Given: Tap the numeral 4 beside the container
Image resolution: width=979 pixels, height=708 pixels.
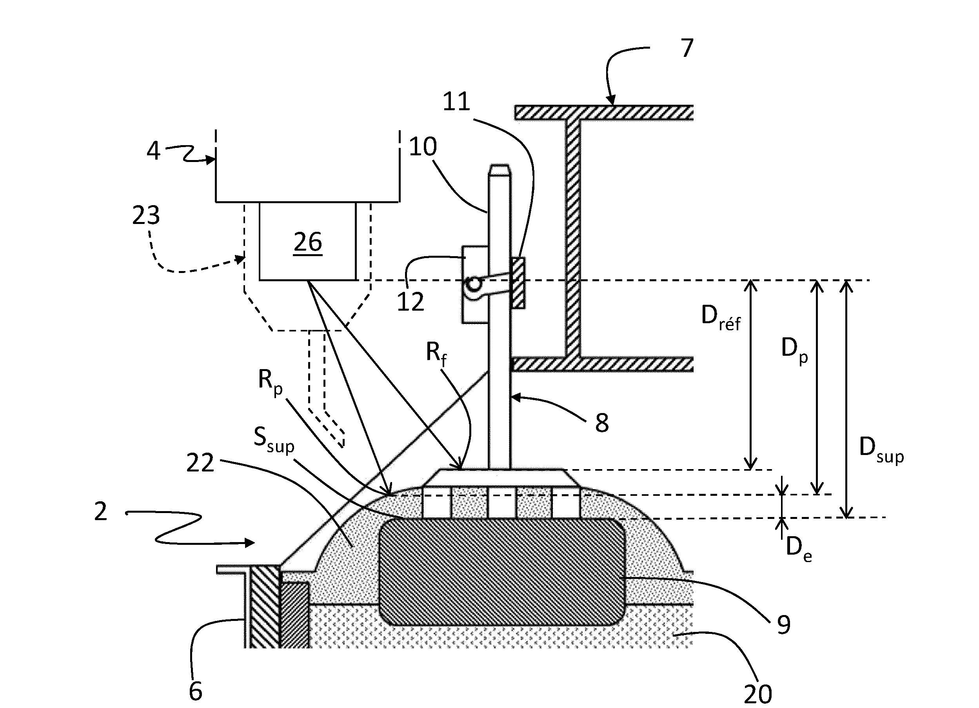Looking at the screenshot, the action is [x=154, y=151].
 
